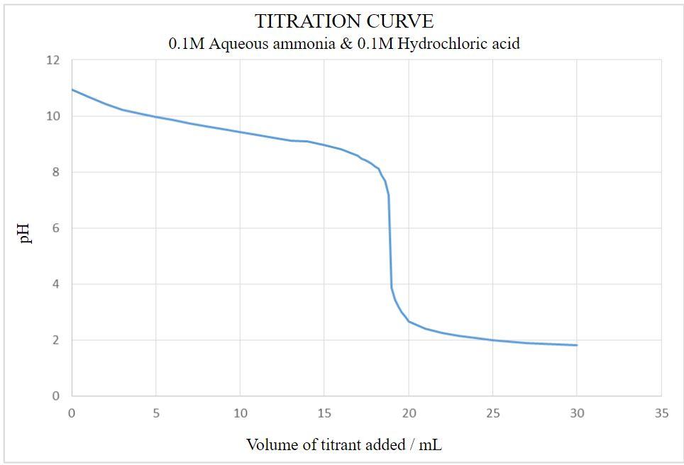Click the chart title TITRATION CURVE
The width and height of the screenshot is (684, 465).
[x=344, y=21]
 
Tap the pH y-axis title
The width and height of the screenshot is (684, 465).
[x=26, y=232]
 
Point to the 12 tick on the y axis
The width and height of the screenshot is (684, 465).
[x=53, y=60]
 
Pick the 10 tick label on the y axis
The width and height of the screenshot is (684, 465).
[x=53, y=116]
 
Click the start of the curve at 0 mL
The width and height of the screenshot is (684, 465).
[x=72, y=90]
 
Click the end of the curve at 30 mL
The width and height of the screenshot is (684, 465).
[x=577, y=345]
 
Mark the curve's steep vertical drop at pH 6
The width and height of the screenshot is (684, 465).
[x=390, y=228]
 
